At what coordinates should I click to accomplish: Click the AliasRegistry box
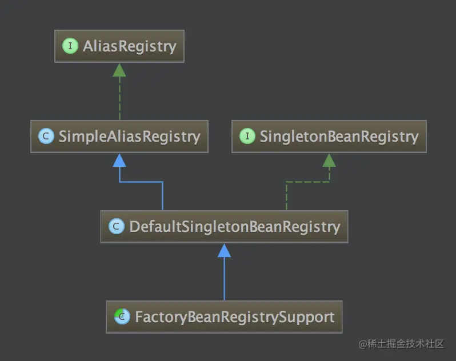click(119, 46)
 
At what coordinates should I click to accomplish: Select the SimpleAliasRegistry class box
click(119, 137)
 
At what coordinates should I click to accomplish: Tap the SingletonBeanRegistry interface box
click(329, 137)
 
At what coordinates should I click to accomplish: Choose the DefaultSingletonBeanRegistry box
click(224, 227)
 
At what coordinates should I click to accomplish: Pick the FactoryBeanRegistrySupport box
click(224, 317)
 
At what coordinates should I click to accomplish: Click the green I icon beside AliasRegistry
click(70, 46)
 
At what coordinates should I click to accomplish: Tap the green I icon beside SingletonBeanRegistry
click(247, 137)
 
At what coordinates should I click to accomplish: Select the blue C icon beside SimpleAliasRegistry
click(46, 137)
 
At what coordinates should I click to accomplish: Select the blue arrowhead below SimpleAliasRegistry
click(119, 160)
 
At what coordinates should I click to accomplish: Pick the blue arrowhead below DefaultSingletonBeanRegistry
click(224, 250)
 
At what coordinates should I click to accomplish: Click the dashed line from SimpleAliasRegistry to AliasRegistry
click(119, 98)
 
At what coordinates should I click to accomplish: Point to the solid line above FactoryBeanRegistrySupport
click(224, 280)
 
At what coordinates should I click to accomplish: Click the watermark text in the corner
click(401, 343)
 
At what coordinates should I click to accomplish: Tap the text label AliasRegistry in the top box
click(130, 46)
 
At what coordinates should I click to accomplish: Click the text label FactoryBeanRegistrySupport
click(234, 317)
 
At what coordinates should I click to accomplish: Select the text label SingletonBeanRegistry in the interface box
click(339, 137)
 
